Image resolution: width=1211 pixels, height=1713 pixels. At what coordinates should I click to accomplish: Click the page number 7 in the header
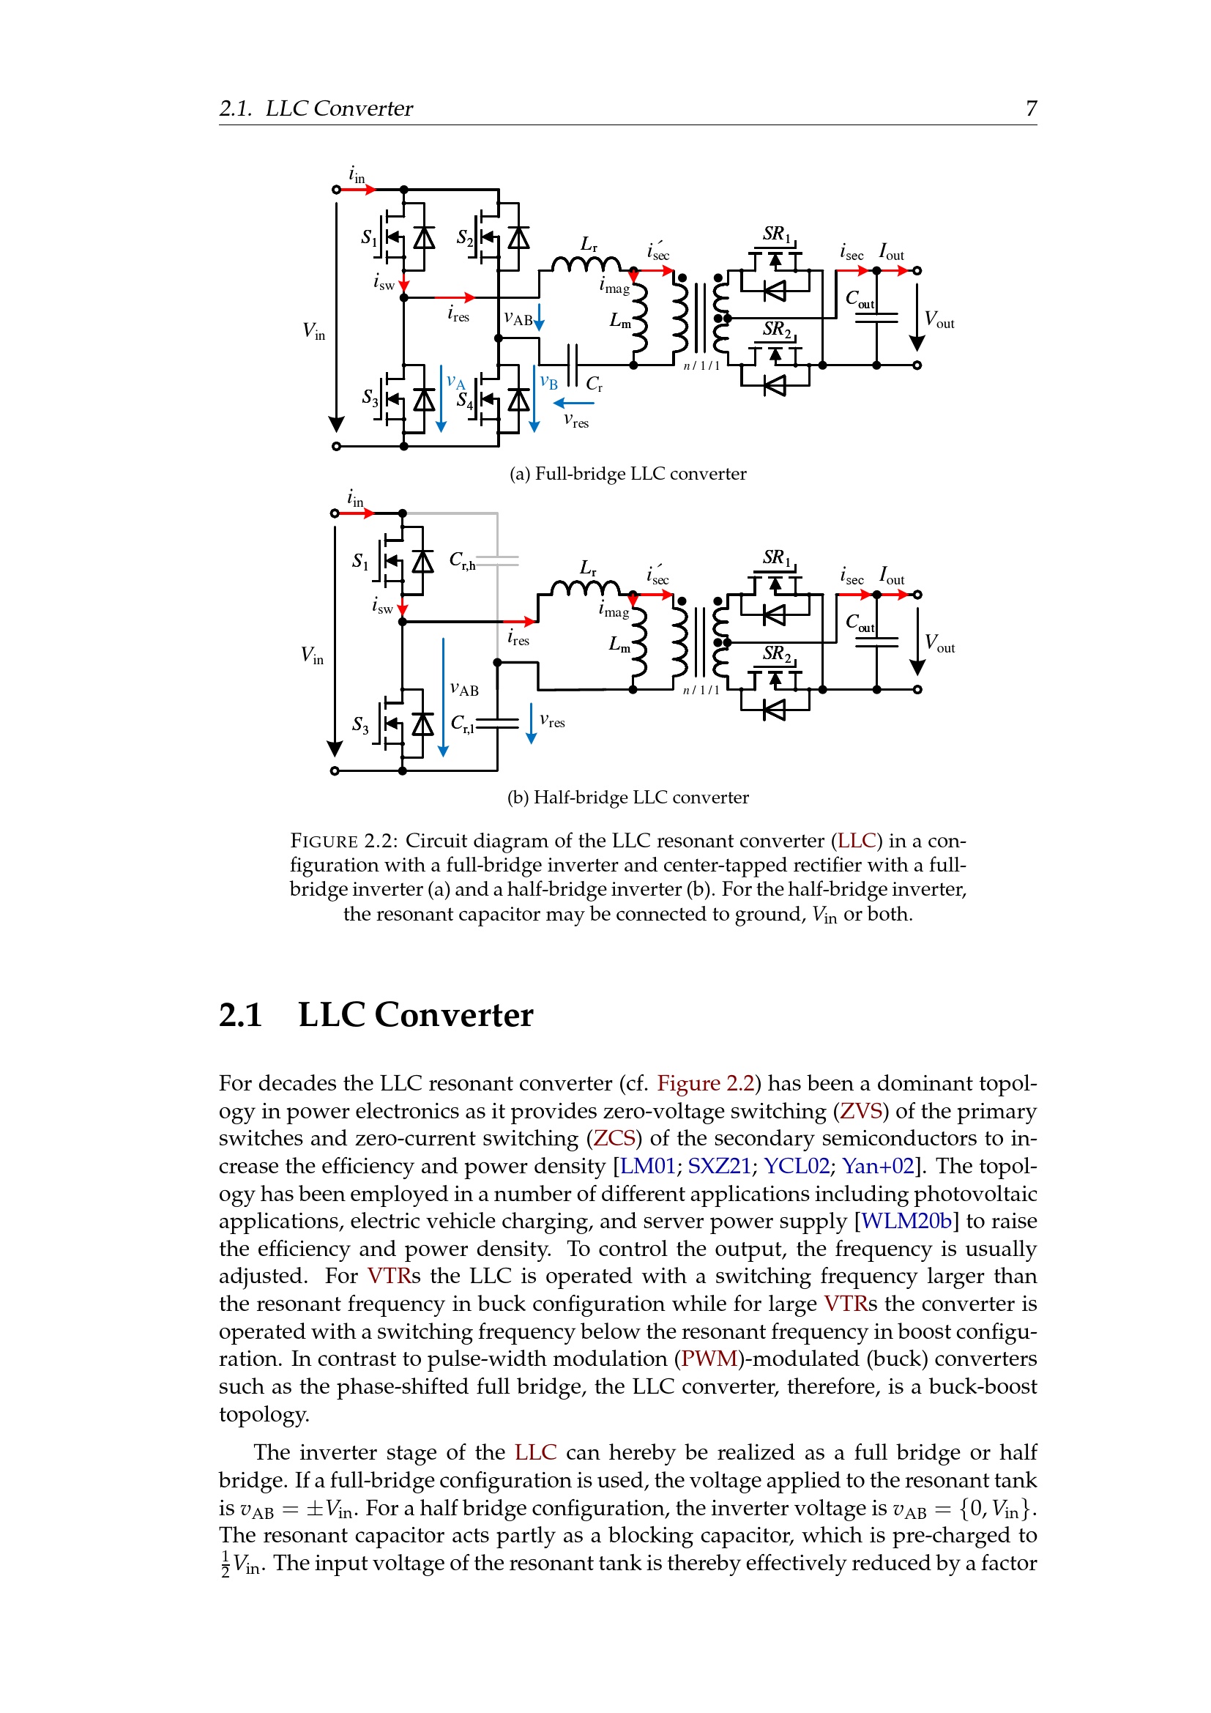coord(1032,108)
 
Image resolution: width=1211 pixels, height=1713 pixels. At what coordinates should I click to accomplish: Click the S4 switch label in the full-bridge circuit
coord(465,401)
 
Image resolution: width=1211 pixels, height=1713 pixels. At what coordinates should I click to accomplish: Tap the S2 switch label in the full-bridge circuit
coord(465,238)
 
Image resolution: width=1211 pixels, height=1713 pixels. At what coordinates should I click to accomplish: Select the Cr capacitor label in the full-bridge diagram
coord(595,384)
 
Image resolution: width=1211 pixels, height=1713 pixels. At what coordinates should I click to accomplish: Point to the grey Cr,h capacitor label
coord(462,560)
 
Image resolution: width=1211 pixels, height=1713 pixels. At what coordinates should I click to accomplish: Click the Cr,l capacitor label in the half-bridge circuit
coord(462,724)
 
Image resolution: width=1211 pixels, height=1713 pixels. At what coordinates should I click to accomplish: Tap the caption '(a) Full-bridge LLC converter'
coord(628,474)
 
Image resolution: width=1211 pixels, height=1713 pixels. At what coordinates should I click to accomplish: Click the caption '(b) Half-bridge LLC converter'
coord(628,798)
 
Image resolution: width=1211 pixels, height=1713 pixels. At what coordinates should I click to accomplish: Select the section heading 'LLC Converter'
coord(415,1014)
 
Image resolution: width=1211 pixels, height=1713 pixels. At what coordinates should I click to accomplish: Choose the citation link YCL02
coord(797,1165)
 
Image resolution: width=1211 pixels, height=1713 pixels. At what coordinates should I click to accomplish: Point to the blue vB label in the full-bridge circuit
coord(549,383)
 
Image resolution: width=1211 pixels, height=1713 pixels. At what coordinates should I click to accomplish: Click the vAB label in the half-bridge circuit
coord(465,689)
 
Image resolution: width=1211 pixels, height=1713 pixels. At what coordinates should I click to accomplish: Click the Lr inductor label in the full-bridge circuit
coord(589,244)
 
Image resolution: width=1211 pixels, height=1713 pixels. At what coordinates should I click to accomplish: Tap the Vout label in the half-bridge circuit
coord(939,643)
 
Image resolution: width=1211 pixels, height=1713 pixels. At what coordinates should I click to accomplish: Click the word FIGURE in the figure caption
coord(324,841)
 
